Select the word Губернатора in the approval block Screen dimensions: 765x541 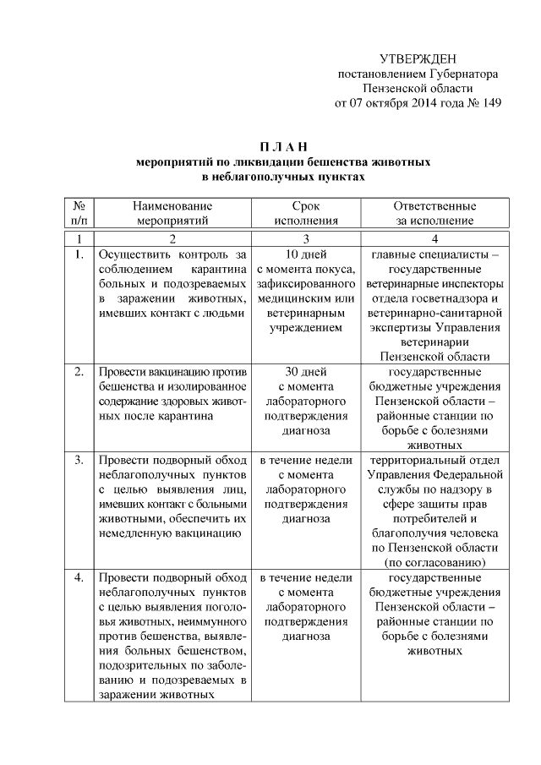point(462,74)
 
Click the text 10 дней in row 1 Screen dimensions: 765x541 point(306,254)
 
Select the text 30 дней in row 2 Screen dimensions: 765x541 point(306,371)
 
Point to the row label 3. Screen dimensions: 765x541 point(78,460)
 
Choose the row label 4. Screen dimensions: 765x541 point(78,578)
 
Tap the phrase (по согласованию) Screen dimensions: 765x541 point(434,562)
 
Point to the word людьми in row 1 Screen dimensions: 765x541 point(225,313)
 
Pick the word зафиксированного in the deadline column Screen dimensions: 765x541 point(306,283)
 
